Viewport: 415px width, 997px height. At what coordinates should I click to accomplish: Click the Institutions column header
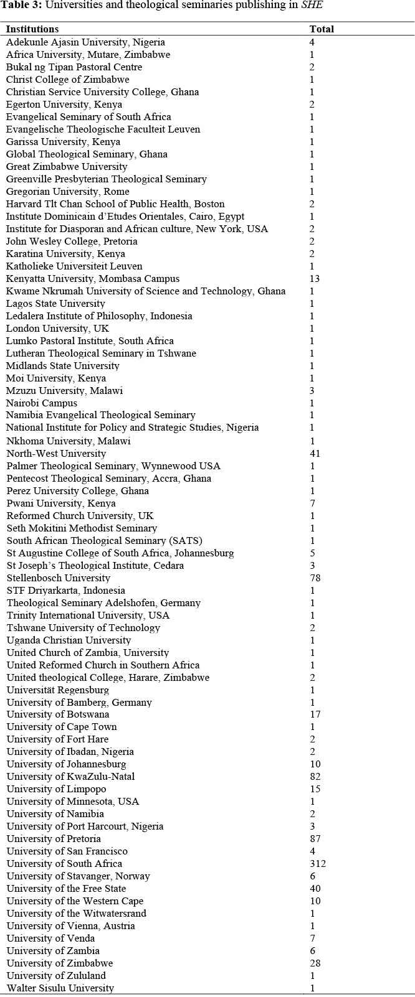tap(32, 29)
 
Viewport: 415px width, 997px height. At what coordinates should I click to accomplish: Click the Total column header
tap(322, 29)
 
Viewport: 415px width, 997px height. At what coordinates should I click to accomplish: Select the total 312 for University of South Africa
tap(318, 864)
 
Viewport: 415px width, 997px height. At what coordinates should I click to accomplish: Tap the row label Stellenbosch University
tap(59, 578)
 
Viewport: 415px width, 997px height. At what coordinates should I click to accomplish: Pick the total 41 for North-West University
tap(315, 453)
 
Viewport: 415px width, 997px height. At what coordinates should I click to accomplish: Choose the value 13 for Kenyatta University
tap(315, 278)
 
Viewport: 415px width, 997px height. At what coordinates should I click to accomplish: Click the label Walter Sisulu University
tap(60, 988)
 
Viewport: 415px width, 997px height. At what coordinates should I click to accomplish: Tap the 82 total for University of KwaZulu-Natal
tap(315, 777)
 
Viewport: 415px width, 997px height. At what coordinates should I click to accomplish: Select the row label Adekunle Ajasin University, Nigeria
tap(86, 42)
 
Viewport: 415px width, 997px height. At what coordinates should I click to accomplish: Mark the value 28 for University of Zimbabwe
tap(315, 963)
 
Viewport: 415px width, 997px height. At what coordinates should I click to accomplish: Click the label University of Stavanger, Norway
tap(79, 876)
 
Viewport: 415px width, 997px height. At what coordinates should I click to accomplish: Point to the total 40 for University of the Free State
tap(315, 889)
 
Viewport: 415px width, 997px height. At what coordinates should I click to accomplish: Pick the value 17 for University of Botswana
tap(315, 714)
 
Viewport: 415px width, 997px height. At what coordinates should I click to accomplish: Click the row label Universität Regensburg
tap(58, 690)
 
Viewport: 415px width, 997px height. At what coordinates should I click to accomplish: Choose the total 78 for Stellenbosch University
tap(315, 578)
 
